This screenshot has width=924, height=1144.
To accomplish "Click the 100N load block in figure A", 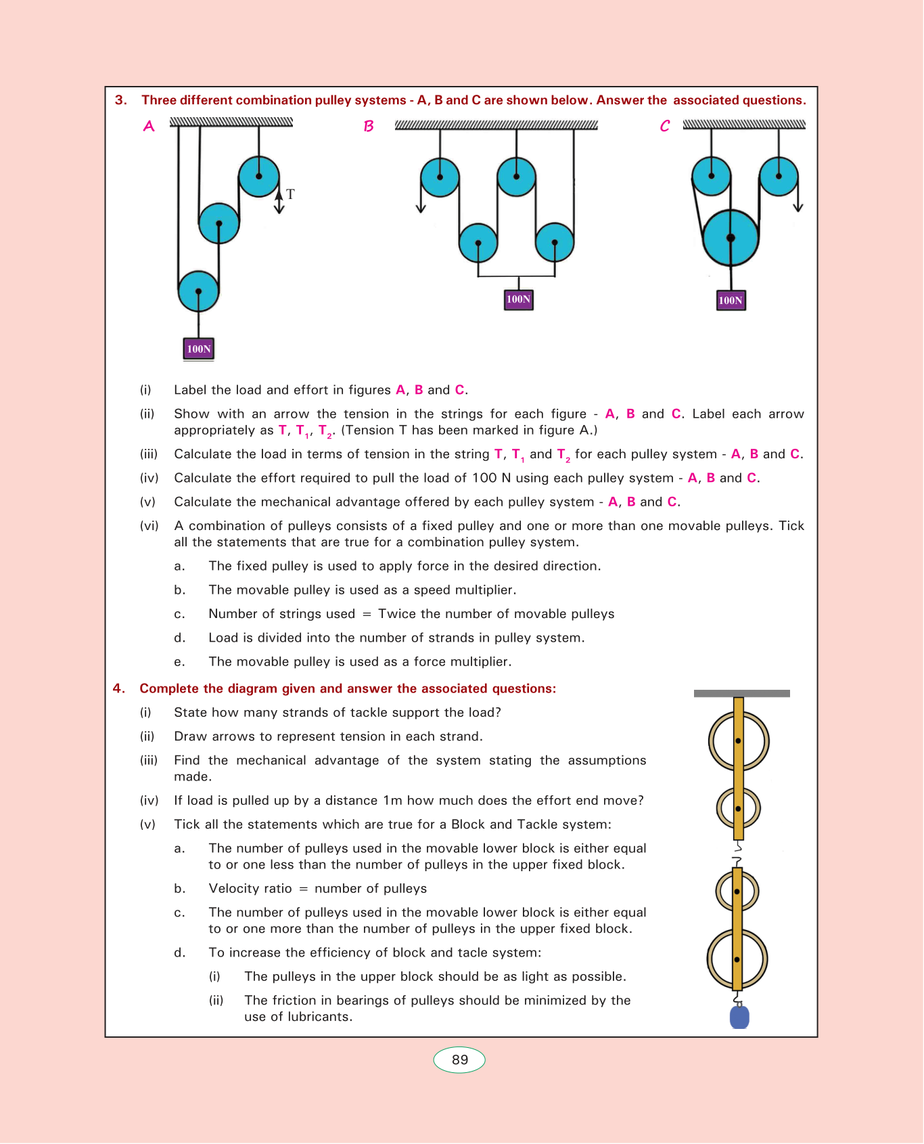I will point(199,349).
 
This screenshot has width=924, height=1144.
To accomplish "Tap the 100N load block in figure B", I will point(519,299).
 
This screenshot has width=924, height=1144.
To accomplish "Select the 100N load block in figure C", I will point(731,300).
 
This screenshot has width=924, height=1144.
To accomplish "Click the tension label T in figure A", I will point(290,194).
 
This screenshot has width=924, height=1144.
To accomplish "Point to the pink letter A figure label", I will point(149,127).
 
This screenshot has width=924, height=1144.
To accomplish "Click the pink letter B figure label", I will point(369,127).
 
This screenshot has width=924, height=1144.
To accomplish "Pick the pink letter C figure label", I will point(665,127).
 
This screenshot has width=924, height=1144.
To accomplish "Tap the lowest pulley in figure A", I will point(198,291).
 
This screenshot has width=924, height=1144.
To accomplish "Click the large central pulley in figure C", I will point(731,238).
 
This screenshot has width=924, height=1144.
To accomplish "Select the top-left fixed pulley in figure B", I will point(440,177).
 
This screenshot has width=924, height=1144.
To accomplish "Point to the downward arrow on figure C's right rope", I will point(798,206).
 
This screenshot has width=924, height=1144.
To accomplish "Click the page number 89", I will point(459,1060).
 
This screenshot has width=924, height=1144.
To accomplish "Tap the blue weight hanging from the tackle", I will point(739,1017).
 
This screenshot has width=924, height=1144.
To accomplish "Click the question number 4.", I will point(118,688).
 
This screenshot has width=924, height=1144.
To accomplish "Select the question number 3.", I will point(120,100).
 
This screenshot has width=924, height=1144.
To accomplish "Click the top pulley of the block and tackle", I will point(739,741).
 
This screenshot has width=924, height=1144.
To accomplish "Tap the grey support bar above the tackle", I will point(741,693).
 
